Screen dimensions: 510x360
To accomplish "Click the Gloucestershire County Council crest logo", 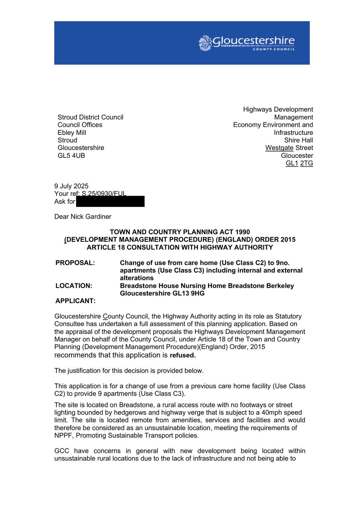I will click(x=205, y=43).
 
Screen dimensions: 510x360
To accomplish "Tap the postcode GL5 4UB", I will click(x=71, y=156).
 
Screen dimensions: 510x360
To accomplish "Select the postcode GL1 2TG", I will click(x=299, y=163).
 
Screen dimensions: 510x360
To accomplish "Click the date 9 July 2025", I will click(x=71, y=186).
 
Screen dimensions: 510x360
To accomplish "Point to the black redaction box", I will click(x=110, y=201).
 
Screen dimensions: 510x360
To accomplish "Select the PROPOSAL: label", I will click(x=75, y=263).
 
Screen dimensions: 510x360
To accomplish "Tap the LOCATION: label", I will click(x=74, y=286).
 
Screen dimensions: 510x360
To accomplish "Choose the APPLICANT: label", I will click(x=76, y=301).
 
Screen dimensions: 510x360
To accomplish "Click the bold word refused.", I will click(x=183, y=355).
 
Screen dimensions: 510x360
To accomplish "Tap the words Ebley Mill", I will click(x=72, y=133).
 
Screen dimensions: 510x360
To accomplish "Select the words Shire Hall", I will click(x=299, y=140).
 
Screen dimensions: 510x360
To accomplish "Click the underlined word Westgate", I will click(x=279, y=148).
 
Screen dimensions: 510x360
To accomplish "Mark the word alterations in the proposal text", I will click(x=137, y=278).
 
